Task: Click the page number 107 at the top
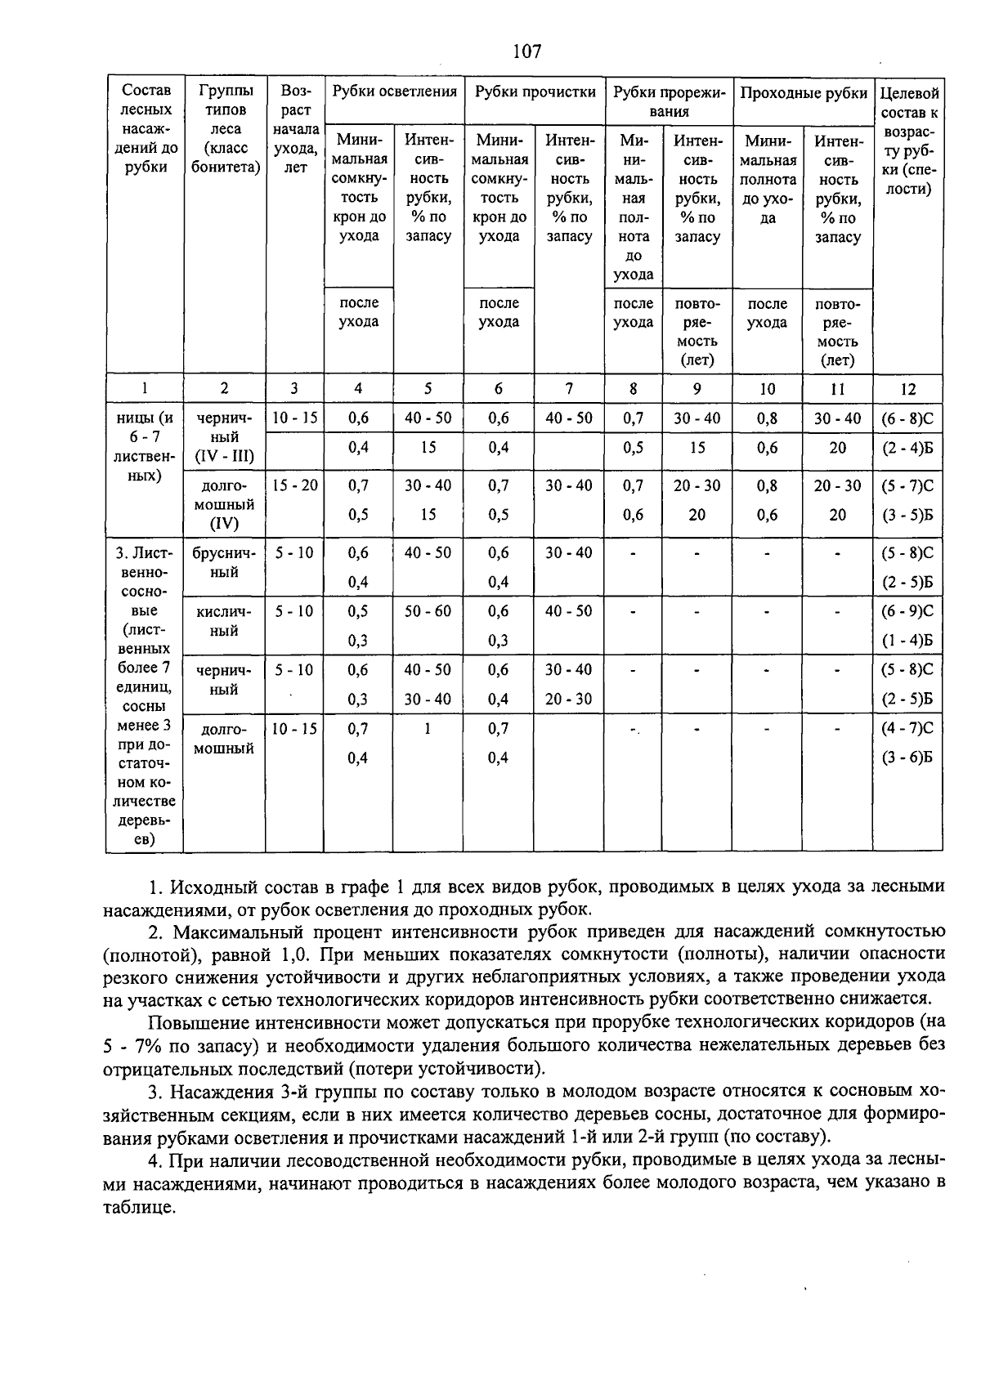click(x=526, y=52)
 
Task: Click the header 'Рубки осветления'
click(x=395, y=92)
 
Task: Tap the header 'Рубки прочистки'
click(x=535, y=92)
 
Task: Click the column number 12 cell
click(x=907, y=389)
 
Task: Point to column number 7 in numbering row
click(x=569, y=389)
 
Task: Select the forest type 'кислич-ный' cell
click(x=223, y=621)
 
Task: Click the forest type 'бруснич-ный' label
click(x=223, y=562)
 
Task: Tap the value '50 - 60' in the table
click(x=428, y=611)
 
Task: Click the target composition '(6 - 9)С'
click(x=907, y=611)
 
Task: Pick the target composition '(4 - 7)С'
click(x=907, y=728)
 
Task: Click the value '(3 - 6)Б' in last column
click(x=907, y=758)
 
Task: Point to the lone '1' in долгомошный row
click(x=428, y=728)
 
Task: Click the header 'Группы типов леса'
click(x=224, y=129)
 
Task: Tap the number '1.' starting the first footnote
click(x=156, y=887)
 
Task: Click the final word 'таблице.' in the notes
click(x=139, y=1208)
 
